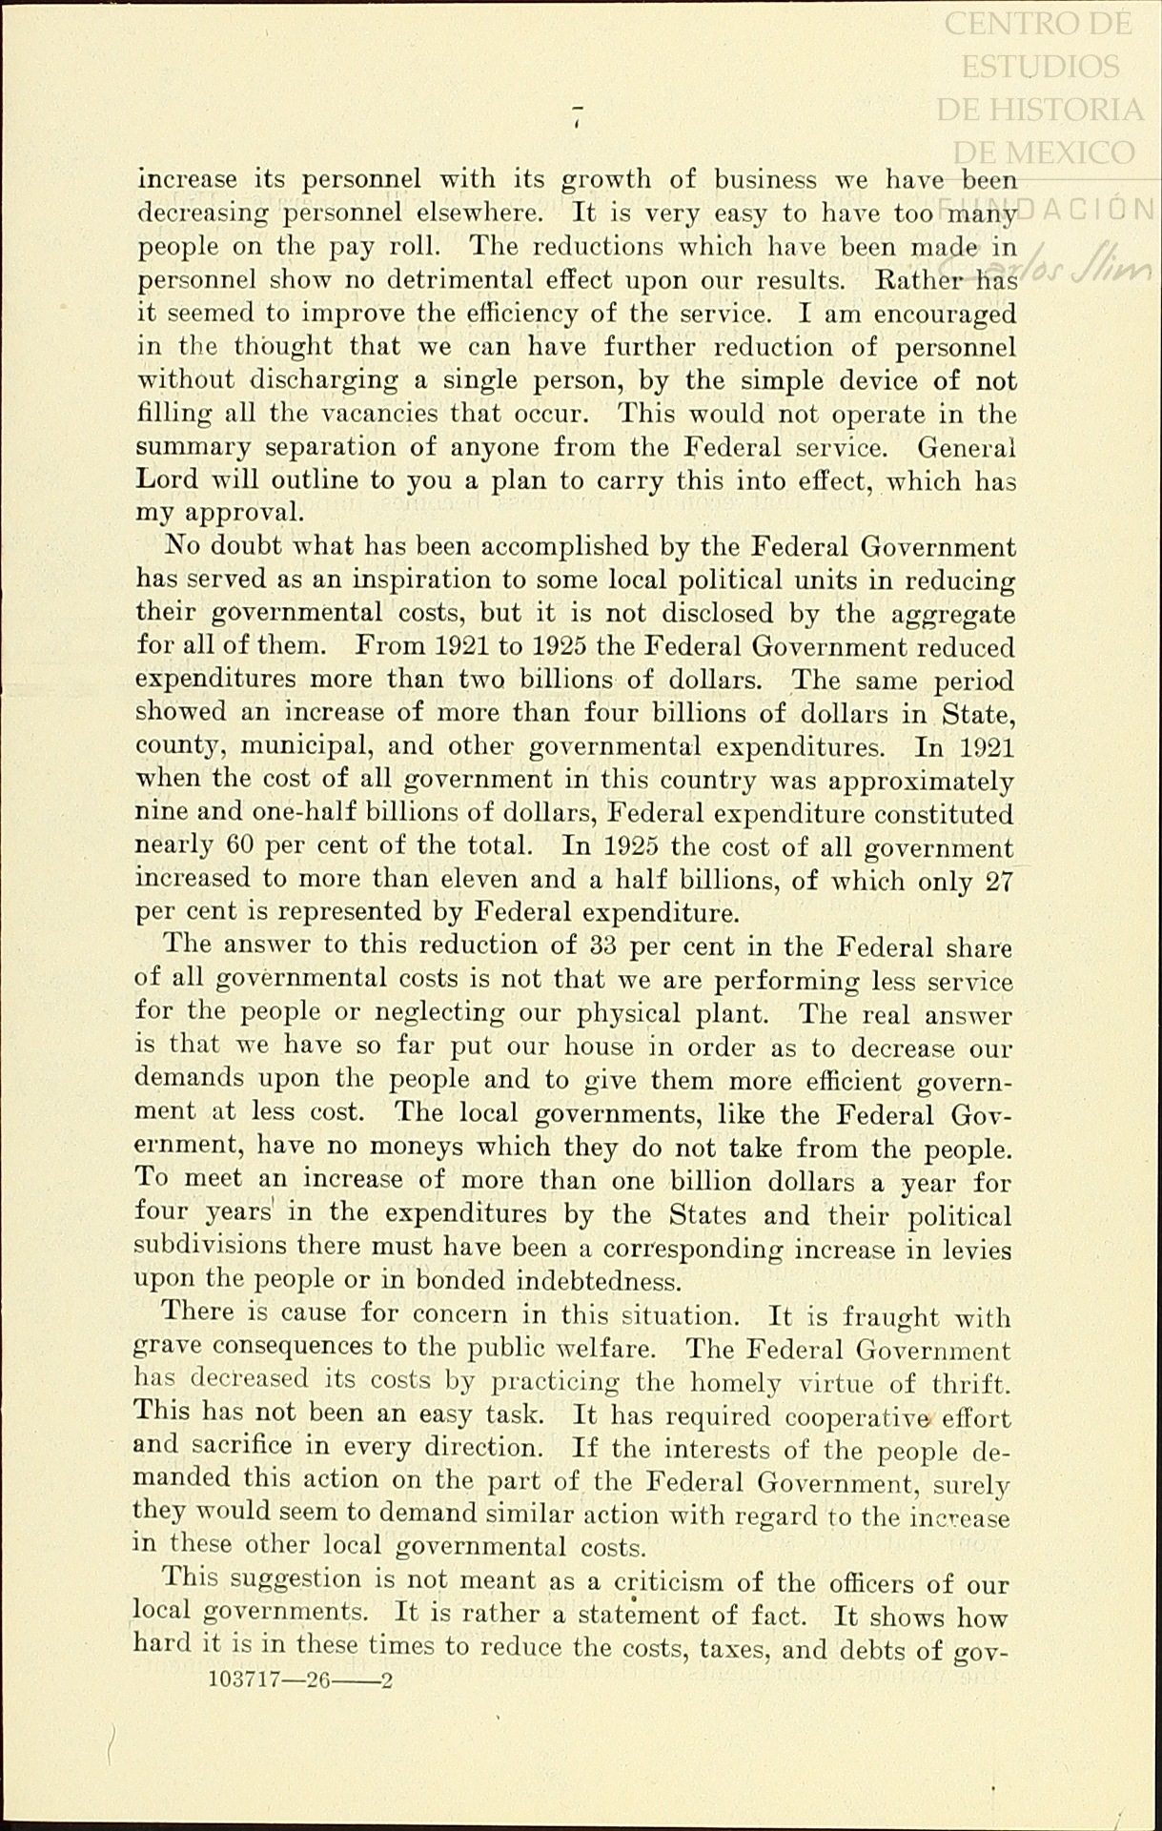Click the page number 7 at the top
(577, 114)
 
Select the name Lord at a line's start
(167, 480)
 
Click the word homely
(782, 1381)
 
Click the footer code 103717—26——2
(299, 1680)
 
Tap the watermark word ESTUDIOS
(1040, 66)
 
